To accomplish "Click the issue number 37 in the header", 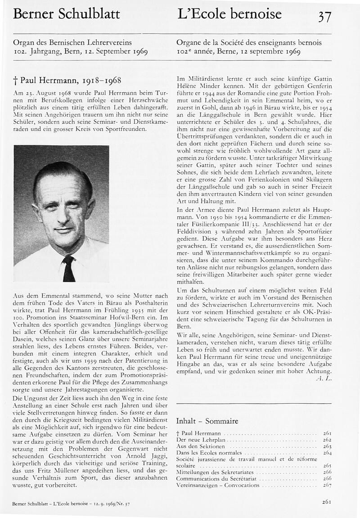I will click(x=324, y=16).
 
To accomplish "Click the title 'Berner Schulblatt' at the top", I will click(x=67, y=14).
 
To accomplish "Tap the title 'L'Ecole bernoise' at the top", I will click(x=229, y=14).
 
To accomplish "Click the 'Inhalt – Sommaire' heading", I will click(x=207, y=421).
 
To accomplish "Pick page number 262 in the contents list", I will click(x=327, y=439).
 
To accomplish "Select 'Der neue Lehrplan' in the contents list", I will click(x=200, y=439).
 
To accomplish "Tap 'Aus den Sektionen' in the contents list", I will click(x=200, y=446).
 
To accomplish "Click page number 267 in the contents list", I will click(x=327, y=485).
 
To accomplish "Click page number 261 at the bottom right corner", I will click(x=327, y=502).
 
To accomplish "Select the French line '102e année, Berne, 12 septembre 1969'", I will click(x=238, y=51).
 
